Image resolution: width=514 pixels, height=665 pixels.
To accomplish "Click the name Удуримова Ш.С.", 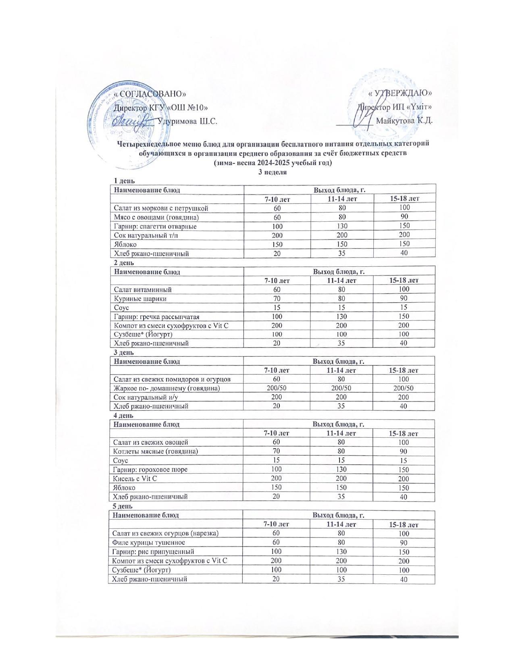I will click(188, 121).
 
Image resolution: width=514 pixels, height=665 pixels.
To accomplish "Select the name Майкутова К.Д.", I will click(404, 121).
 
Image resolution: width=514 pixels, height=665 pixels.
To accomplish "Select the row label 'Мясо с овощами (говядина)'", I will click(157, 217).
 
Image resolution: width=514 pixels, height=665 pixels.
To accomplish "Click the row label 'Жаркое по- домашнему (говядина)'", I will click(166, 389).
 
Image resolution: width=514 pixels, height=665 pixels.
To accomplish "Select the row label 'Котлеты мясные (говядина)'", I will click(156, 451).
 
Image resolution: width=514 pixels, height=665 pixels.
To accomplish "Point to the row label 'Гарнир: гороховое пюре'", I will click(150, 470).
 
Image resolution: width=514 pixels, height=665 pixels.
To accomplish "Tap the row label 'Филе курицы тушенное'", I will click(149, 542).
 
